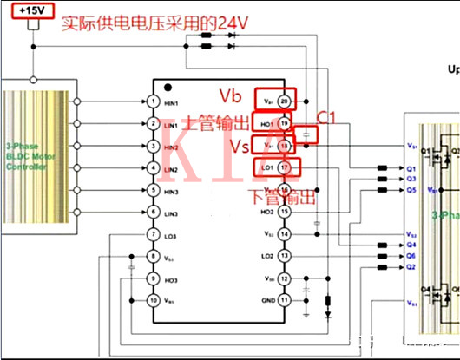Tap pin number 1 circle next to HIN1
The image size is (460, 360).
[x=153, y=102]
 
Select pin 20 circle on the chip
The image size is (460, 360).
[x=285, y=102]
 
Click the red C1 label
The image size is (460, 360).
[x=325, y=115]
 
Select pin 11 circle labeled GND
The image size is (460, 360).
[x=285, y=300]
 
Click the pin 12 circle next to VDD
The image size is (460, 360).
[x=285, y=278]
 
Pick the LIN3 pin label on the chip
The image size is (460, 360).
[x=170, y=213]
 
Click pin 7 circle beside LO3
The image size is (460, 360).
[x=153, y=235]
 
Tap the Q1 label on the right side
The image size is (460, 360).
[x=412, y=167]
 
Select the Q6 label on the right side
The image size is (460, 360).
[x=412, y=257]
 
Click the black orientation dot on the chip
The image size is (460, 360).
[x=169, y=88]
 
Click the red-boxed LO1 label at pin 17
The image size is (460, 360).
[x=266, y=167]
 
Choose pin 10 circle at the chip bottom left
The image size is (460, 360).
[x=153, y=300]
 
